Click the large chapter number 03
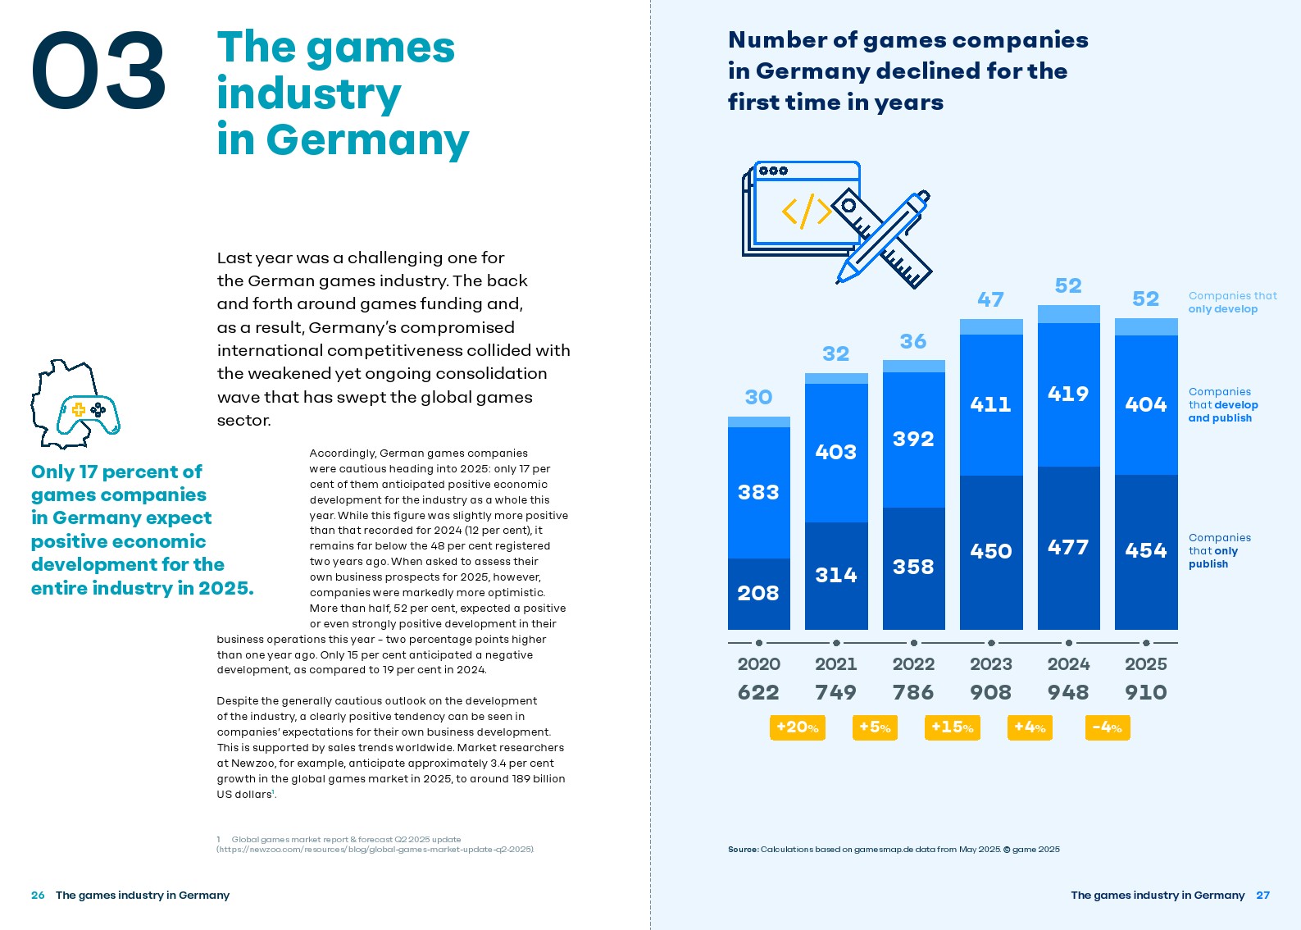tap(98, 71)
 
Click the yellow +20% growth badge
tap(797, 727)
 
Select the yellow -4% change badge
tap(1107, 727)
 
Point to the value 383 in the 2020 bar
tap(758, 492)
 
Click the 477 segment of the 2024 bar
tap(1068, 547)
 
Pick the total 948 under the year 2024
tap(1068, 693)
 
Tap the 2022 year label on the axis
tap(913, 664)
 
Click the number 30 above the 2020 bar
tap(758, 398)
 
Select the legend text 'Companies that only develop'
tap(1232, 303)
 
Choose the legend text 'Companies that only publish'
tap(1219, 551)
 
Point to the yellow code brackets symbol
tap(807, 211)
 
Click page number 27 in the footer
tap(1262, 896)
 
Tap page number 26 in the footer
tap(38, 896)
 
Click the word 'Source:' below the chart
tap(743, 850)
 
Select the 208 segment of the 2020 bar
tap(758, 593)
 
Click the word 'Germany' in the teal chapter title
tap(367, 140)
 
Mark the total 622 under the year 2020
tap(758, 693)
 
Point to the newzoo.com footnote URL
tap(375, 850)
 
